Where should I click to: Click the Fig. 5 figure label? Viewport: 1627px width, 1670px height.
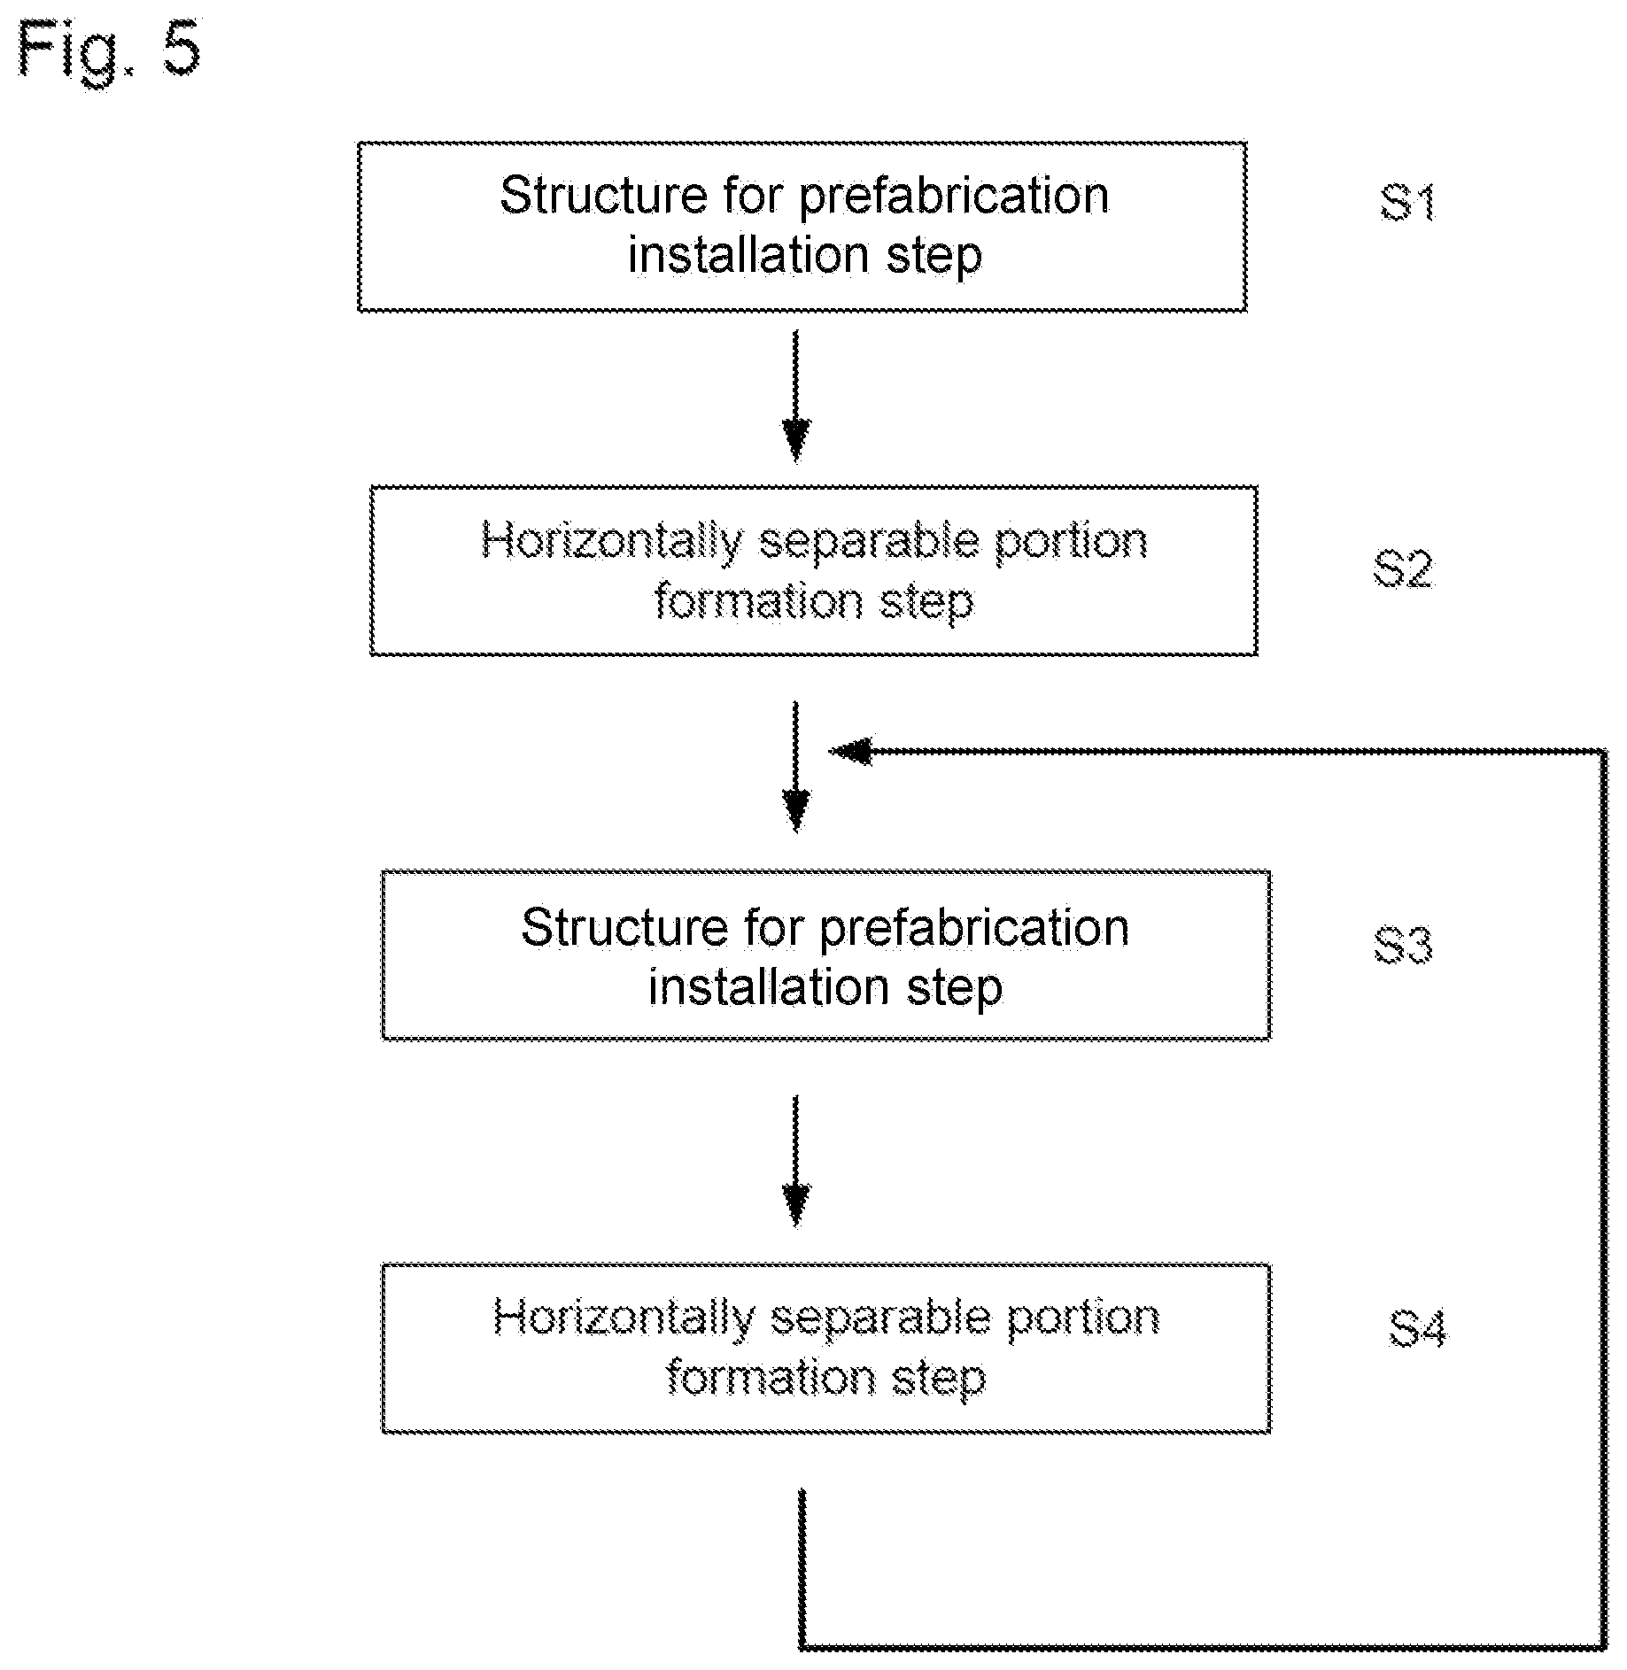[x=109, y=52]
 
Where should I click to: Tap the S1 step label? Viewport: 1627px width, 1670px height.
[x=1407, y=203]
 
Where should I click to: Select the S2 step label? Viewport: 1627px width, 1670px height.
[x=1402, y=568]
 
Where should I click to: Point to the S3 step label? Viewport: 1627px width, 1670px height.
[x=1403, y=945]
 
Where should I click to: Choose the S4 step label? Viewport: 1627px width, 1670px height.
[x=1417, y=1329]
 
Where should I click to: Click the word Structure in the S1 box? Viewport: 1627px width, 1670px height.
[x=605, y=195]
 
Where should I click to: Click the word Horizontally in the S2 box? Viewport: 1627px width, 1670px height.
[x=612, y=542]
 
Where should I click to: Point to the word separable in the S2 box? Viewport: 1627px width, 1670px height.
[x=869, y=541]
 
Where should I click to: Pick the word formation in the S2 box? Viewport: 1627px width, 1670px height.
[x=758, y=601]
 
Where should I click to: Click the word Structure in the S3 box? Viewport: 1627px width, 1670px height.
[x=625, y=927]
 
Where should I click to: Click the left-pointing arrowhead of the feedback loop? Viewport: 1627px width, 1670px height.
[x=849, y=752]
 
